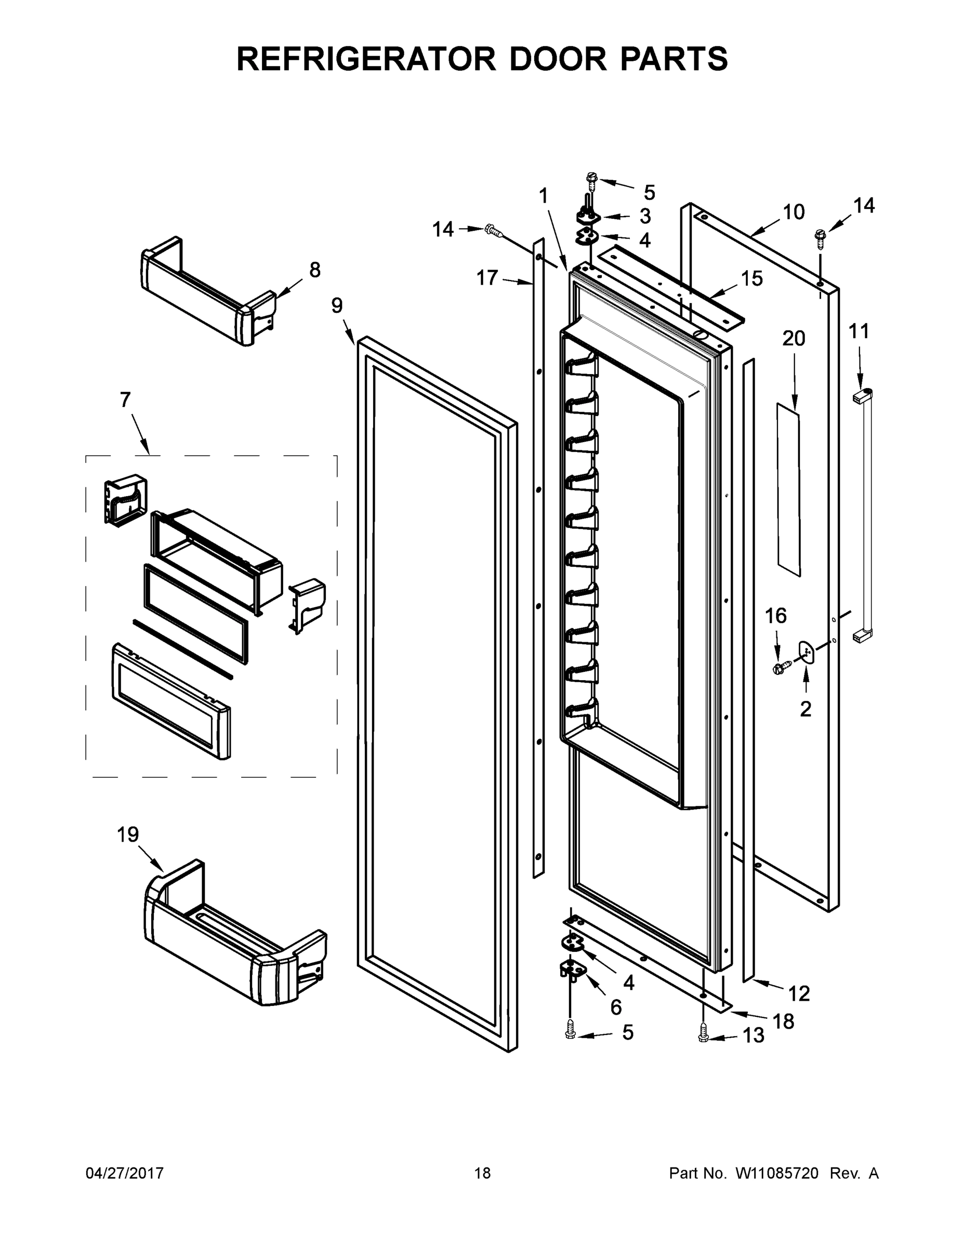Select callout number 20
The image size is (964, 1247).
[x=793, y=339]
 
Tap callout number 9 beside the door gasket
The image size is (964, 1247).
[x=337, y=306]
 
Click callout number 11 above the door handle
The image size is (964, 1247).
[x=859, y=331]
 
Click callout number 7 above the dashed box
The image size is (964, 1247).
[x=125, y=400]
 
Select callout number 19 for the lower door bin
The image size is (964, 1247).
[x=128, y=835]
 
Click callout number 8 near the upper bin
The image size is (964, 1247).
[x=315, y=270]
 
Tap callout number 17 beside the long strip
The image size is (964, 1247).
[x=487, y=278]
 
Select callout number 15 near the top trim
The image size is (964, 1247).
[x=751, y=278]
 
